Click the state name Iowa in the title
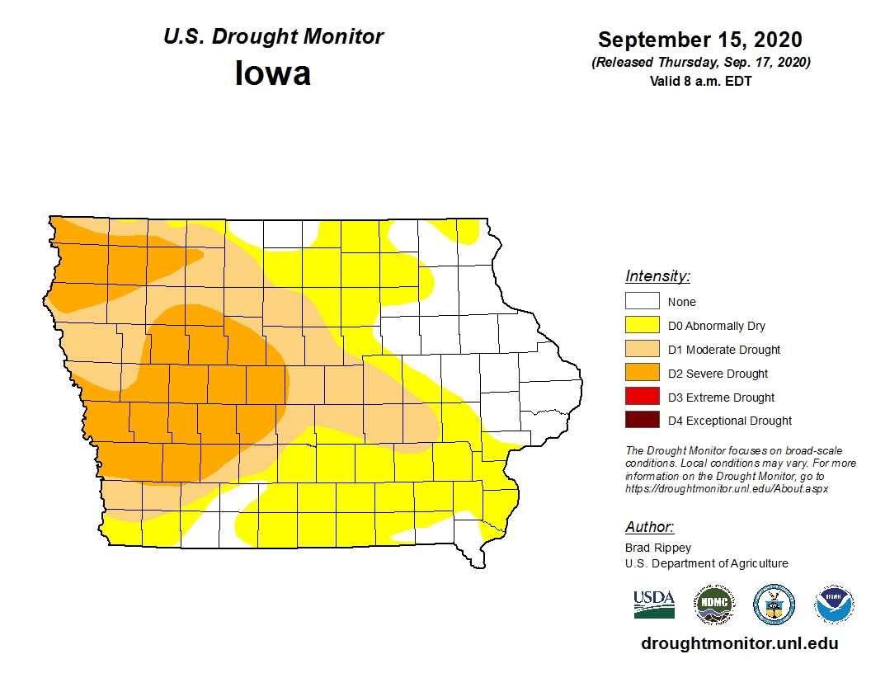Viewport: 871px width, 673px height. coord(273,73)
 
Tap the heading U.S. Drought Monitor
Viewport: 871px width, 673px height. coord(273,37)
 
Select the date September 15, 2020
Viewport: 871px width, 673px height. coord(700,40)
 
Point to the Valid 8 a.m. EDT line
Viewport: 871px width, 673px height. coord(700,81)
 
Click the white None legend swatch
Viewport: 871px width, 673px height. coord(642,302)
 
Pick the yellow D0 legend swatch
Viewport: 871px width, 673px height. coord(642,326)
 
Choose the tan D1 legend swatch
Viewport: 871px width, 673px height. coord(642,350)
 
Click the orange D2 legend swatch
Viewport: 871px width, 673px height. coord(642,374)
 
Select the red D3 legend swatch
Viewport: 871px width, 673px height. coord(642,398)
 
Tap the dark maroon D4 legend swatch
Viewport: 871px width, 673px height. coord(642,421)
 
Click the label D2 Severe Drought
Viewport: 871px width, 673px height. coord(718,374)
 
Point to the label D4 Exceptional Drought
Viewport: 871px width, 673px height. coord(729,421)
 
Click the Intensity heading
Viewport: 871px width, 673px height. coord(657,276)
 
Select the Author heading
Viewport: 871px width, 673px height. coord(649,527)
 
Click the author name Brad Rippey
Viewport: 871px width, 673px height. coord(658,548)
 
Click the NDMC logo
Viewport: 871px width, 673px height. coord(713,605)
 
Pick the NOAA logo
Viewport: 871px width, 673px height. coord(834,605)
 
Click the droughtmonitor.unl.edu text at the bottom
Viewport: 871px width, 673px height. coord(739,644)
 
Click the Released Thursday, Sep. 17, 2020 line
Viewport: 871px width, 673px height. coord(700,63)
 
